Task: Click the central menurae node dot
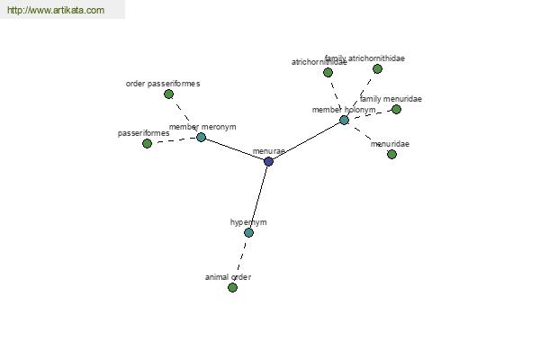point(268,161)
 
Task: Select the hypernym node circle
point(248,232)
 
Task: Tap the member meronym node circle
point(201,137)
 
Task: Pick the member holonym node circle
point(344,120)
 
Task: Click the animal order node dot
point(232,287)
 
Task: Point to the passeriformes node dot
point(147,143)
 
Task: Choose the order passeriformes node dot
point(168,94)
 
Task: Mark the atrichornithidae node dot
point(328,72)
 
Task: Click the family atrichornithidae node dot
point(377,68)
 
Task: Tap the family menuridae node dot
point(396,109)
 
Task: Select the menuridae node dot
point(391,154)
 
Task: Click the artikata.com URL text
point(55,11)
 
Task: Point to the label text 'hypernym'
point(248,221)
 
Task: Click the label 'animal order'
point(228,277)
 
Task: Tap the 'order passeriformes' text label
point(163,84)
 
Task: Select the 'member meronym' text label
point(202,127)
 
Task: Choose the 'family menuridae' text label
point(391,99)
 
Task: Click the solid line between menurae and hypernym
point(258,196)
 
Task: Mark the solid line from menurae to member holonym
point(306,140)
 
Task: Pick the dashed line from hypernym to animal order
point(240,259)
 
